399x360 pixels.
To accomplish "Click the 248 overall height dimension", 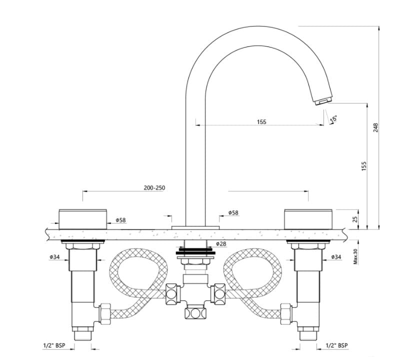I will (376, 127).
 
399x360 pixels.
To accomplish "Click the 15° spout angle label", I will (334, 118).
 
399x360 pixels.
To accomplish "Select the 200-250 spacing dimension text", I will (154, 188).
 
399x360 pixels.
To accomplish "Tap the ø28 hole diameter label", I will (221, 243).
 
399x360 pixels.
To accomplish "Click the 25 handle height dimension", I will (355, 218).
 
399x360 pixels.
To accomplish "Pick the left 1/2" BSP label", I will (53, 345).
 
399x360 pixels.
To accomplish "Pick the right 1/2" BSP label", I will (336, 345).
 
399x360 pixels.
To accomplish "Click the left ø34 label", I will (55, 257).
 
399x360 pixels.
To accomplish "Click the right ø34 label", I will (336, 257).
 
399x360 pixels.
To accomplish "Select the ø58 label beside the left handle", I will (120, 220).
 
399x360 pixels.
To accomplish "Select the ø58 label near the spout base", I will (233, 212).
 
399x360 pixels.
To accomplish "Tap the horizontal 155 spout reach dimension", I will (261, 122).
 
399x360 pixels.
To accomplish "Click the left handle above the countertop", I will (83, 218).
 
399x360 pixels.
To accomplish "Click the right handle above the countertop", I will (307, 218).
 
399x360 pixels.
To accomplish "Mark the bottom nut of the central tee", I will (195, 313).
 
